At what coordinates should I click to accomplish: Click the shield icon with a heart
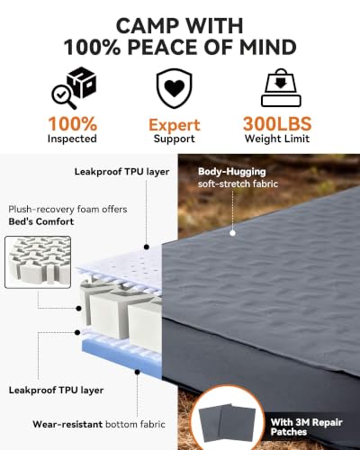pos(174,88)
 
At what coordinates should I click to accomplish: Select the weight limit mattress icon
pos(281,87)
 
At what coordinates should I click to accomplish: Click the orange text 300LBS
pos(277,123)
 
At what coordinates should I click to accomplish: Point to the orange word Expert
pos(175,125)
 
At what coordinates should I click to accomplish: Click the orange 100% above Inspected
pos(73,123)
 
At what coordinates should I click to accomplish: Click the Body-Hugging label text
pos(232,172)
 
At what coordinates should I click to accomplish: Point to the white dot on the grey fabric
pos(233,233)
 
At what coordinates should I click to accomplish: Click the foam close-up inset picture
pos(38,262)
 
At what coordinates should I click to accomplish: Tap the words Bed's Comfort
pos(41,221)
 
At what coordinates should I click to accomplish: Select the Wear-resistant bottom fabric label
pos(99,424)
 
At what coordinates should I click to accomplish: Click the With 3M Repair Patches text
pos(306,427)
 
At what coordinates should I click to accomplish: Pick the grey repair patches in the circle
pos(228,422)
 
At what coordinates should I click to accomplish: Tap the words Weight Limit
pos(277,139)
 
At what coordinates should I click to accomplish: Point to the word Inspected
pos(72,139)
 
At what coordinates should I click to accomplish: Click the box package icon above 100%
pos(82,82)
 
